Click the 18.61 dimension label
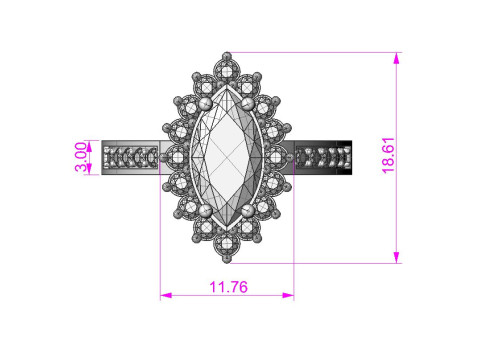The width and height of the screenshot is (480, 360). click(388, 155)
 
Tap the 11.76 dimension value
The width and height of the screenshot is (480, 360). click(228, 287)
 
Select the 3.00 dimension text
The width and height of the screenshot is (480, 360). click(81, 157)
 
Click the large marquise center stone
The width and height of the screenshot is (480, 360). click(227, 157)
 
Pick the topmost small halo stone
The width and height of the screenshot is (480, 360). click(227, 71)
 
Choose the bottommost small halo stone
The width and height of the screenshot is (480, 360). click(227, 244)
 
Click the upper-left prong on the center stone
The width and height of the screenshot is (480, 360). click(205, 104)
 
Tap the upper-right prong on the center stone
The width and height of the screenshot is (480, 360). click(248, 104)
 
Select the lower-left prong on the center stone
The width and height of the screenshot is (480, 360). click(205, 211)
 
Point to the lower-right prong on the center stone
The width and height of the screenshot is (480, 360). click(248, 211)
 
